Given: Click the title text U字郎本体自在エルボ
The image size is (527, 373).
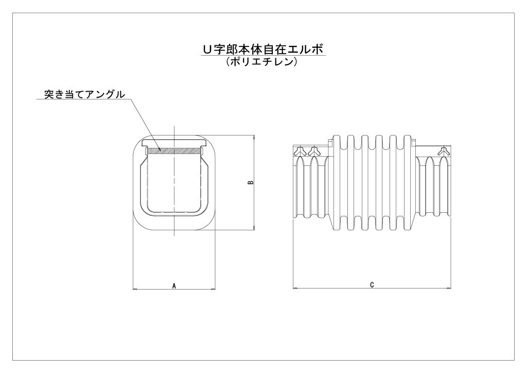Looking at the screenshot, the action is tap(262, 49).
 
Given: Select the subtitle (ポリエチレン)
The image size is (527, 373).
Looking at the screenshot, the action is tap(262, 62).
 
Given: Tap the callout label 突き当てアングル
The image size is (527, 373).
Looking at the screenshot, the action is tap(84, 94).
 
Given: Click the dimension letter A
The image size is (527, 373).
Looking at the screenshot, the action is tap(174, 286).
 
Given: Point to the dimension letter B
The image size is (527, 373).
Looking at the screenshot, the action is tap(250, 182).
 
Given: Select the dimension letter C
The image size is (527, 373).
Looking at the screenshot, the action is tap(372, 285).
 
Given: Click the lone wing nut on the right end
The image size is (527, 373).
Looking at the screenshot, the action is tap(444, 151).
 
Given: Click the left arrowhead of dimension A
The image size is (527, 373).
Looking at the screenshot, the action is tap(136, 289).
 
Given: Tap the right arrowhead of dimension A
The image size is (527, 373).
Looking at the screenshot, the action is tap(213, 289).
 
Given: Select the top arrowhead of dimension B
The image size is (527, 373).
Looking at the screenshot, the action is tap(254, 138).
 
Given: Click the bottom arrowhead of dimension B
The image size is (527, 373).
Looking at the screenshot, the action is tap(254, 227).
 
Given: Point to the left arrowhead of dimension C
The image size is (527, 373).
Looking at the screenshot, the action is tap(296, 288).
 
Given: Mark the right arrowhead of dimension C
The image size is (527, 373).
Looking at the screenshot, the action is tap(448, 288).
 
